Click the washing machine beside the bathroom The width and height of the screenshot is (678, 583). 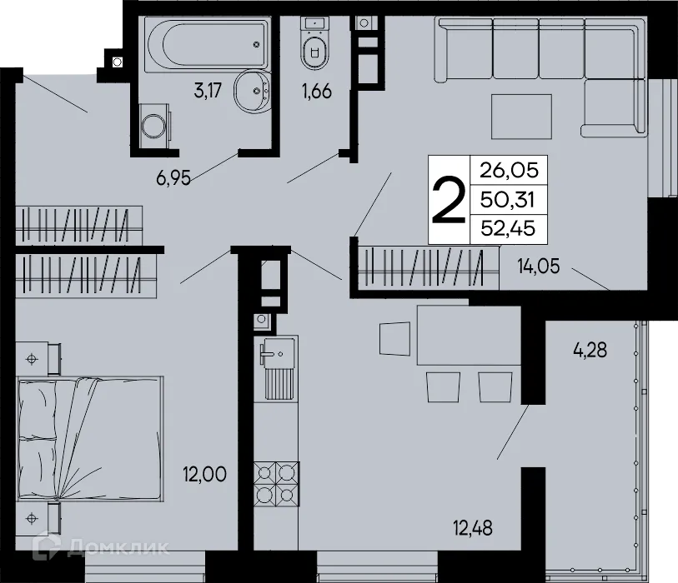153,126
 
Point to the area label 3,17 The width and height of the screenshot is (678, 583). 208,92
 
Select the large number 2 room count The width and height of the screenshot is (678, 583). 448,201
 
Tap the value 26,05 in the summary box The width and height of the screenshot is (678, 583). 505,172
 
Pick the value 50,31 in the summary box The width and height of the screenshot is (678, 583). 505,200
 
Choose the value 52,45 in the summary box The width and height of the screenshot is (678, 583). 505,227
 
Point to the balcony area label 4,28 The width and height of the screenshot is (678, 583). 590,350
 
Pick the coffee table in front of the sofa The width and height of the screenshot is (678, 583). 521,117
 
